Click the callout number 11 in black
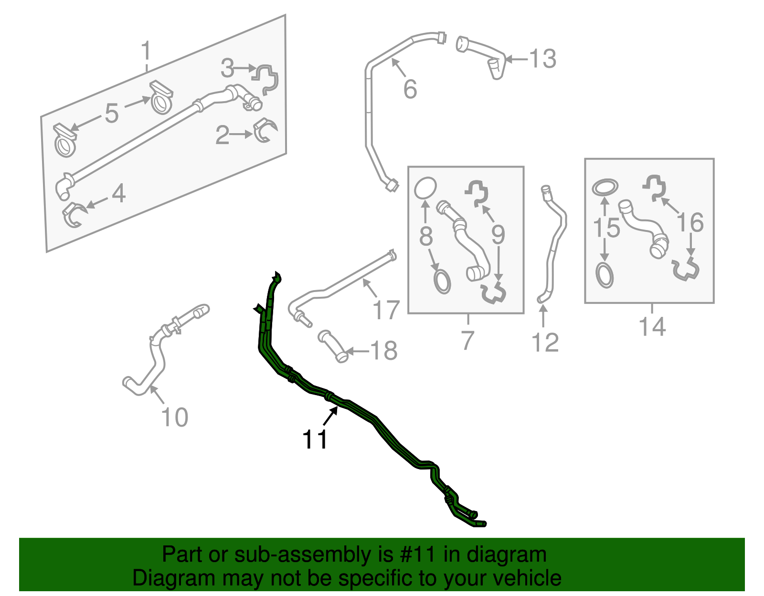pyautogui.click(x=315, y=440)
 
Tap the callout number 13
pyautogui.click(x=543, y=59)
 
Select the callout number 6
pyautogui.click(x=410, y=90)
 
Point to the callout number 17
pyautogui.click(x=386, y=310)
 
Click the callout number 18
pyautogui.click(x=383, y=351)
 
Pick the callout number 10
pyautogui.click(x=175, y=418)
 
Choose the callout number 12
pyautogui.click(x=545, y=343)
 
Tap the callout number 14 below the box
pyautogui.click(x=652, y=327)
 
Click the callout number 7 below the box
pyautogui.click(x=467, y=341)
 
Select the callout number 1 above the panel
pyautogui.click(x=146, y=51)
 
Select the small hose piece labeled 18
pyautogui.click(x=333, y=345)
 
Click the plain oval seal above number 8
pyautogui.click(x=425, y=188)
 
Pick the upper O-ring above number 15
pyautogui.click(x=605, y=188)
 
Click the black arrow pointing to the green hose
pyautogui.click(x=330, y=417)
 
